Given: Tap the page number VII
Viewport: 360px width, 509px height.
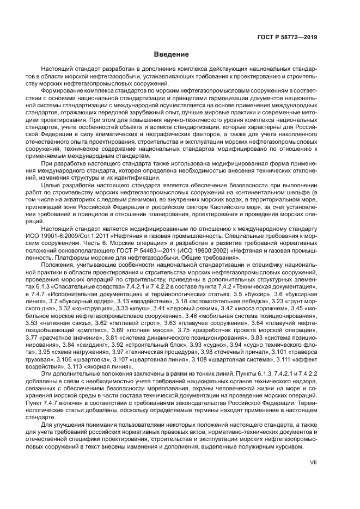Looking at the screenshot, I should click(x=313, y=462).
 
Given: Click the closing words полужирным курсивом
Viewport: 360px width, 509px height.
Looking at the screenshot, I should click(x=282, y=447).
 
